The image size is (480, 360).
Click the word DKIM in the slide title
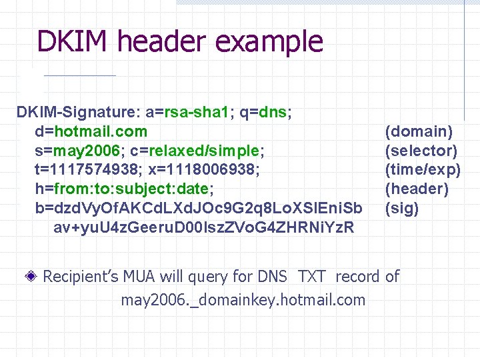(x=73, y=41)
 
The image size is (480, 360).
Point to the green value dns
(x=273, y=112)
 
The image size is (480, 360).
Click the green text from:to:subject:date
(x=133, y=189)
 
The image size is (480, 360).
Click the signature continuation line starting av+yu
(x=203, y=228)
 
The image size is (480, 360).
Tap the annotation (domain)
(x=419, y=131)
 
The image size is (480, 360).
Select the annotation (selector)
(x=421, y=151)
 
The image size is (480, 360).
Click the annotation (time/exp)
(x=423, y=170)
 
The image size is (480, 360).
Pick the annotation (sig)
(x=402, y=209)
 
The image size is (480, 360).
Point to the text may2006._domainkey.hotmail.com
(x=243, y=300)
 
